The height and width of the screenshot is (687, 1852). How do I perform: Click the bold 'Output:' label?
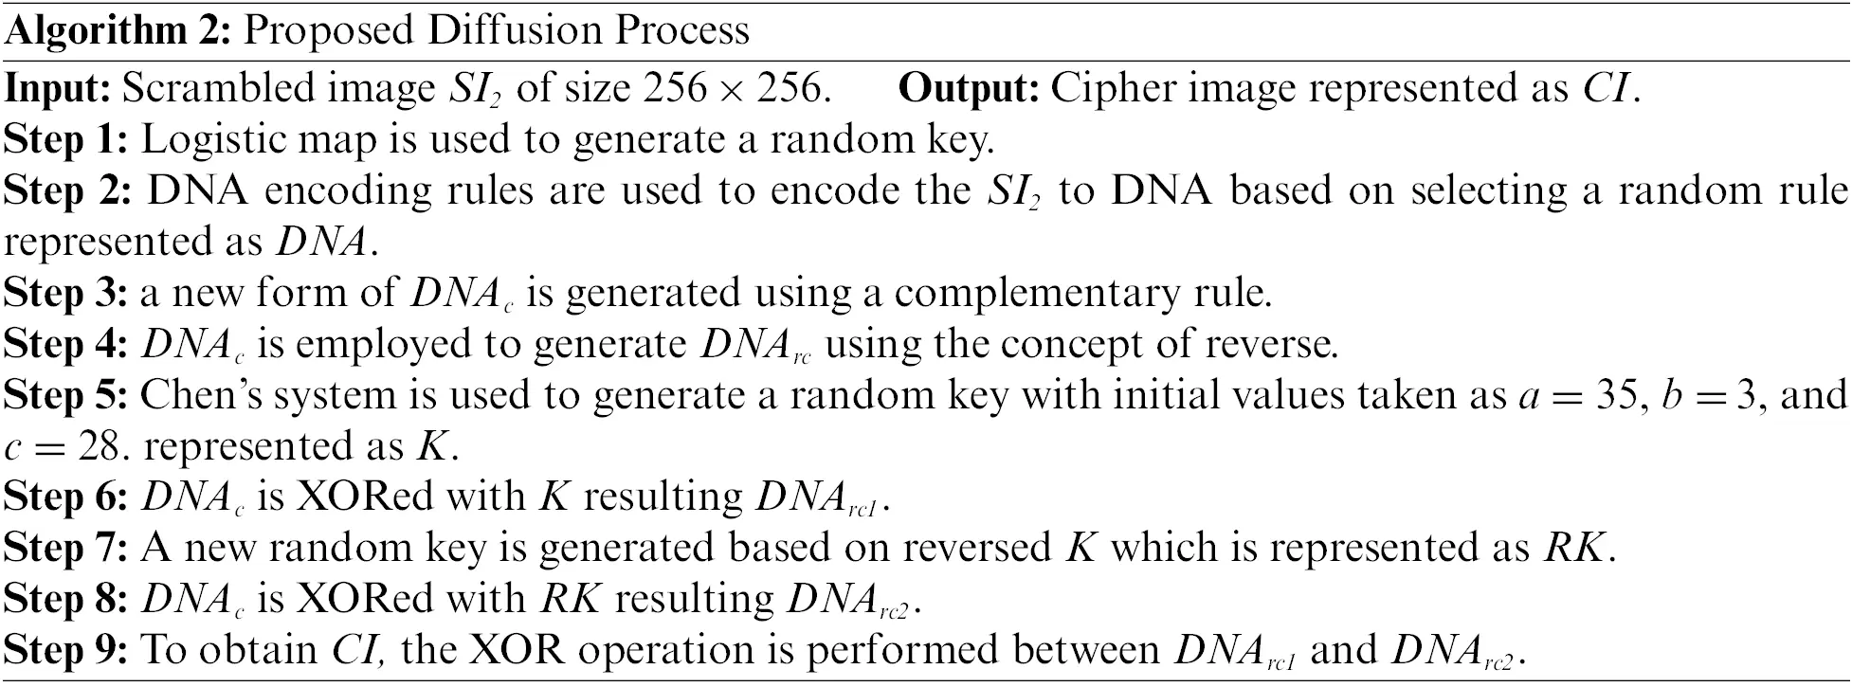[x=970, y=88]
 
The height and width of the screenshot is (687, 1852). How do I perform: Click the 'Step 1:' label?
[x=66, y=140]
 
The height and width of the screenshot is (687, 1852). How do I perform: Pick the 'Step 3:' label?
[x=66, y=294]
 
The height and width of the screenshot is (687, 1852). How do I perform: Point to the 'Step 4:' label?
[x=66, y=345]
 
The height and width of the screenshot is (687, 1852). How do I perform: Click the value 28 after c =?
[x=101, y=447]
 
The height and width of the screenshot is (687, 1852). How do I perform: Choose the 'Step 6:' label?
[x=66, y=498]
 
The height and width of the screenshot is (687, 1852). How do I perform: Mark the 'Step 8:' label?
[x=66, y=601]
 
